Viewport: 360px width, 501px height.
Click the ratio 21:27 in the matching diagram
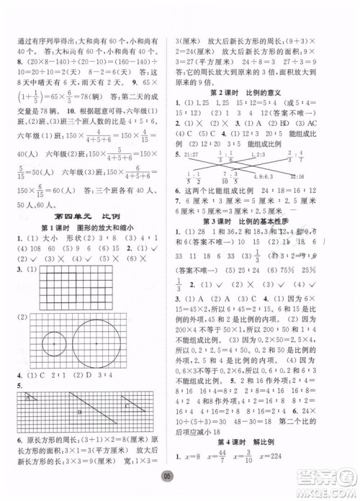[x=190, y=154]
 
